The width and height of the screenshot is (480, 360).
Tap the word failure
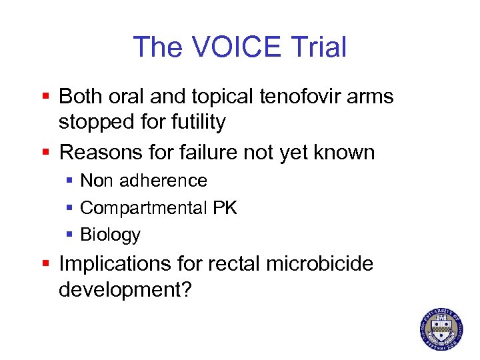[205, 153]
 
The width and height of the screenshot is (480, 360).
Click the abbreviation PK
[225, 208]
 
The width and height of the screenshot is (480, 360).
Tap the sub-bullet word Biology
[110, 235]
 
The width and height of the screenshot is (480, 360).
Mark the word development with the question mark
[125, 290]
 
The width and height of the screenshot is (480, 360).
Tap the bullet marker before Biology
[71, 235]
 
